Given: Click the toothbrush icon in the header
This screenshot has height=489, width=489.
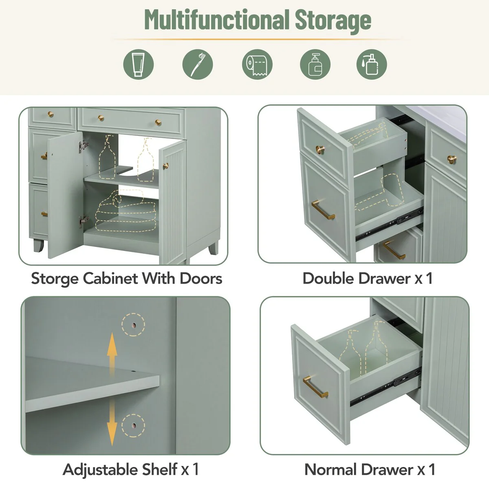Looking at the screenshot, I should click(x=198, y=64).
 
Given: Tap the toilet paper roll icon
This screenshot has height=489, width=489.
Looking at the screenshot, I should click(x=257, y=64).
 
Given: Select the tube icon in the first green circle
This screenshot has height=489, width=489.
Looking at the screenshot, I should click(x=139, y=64).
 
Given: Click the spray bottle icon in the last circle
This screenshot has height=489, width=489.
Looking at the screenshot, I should click(x=371, y=64).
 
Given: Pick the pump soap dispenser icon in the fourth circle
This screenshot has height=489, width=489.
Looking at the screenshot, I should click(x=315, y=64).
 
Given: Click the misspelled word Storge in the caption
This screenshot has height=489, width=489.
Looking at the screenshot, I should click(x=55, y=279).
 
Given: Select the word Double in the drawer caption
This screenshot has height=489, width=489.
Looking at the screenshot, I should click(x=328, y=278).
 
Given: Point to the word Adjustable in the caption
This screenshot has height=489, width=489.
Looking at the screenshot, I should click(x=99, y=469).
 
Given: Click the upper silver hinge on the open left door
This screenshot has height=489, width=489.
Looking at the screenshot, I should click(x=83, y=144).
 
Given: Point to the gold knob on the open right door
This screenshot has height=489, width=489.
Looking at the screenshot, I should click(x=165, y=166).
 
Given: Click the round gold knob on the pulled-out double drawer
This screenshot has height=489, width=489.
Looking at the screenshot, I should click(x=321, y=150).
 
